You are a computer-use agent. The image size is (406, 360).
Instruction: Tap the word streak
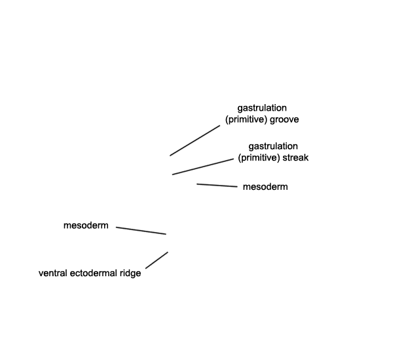pyautogui.click(x=295, y=158)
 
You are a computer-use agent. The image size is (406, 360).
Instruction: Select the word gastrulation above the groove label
pyautogui.click(x=262, y=108)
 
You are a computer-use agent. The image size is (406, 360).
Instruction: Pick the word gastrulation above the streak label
pyautogui.click(x=273, y=147)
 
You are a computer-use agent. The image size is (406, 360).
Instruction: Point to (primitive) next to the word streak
pyautogui.click(x=259, y=158)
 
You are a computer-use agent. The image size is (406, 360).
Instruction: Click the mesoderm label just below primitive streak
pyautogui.click(x=265, y=187)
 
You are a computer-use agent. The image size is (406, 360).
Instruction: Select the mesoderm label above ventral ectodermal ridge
pyautogui.click(x=86, y=225)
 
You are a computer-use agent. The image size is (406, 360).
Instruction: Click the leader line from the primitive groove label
pyautogui.click(x=195, y=141)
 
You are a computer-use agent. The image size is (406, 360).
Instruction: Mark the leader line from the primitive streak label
pyautogui.click(x=203, y=167)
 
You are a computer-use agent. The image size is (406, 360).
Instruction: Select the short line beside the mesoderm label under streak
pyautogui.click(x=217, y=185)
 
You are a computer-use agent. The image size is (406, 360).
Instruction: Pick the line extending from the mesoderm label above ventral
pyautogui.click(x=141, y=230)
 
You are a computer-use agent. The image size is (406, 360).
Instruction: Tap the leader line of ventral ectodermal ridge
pyautogui.click(x=157, y=260)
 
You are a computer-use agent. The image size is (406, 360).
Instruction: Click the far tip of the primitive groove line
pyautogui.click(x=170, y=156)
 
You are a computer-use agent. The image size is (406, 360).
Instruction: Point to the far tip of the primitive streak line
pyautogui.click(x=172, y=174)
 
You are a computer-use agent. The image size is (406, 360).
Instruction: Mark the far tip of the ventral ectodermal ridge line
pyautogui.click(x=168, y=252)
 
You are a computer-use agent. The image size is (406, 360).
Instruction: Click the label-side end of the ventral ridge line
pyautogui.click(x=145, y=268)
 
